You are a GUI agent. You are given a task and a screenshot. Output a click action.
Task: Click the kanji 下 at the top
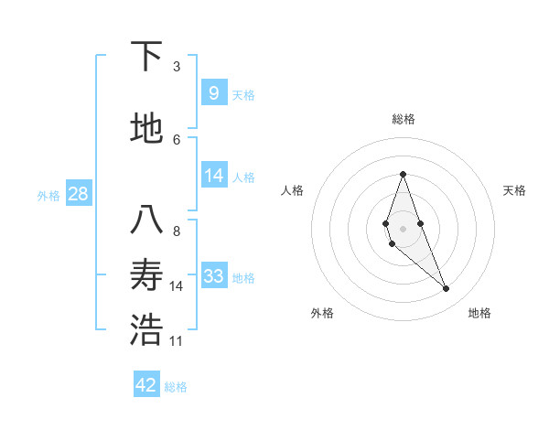point(146,57)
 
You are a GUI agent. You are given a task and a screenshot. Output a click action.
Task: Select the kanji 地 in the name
point(146,129)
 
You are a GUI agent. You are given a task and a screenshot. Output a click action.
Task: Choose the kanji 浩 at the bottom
point(146,332)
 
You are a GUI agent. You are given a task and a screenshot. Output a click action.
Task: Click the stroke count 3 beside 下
point(177,67)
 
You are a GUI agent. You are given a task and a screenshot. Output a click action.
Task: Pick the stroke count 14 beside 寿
point(177,286)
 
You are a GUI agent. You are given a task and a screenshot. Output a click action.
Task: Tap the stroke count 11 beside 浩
point(177,341)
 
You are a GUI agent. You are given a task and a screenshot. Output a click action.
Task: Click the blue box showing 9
point(213,91)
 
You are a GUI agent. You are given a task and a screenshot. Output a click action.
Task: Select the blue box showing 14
point(213,175)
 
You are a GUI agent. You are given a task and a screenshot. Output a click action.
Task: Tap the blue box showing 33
point(213,275)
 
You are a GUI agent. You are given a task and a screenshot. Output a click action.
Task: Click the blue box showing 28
point(78,193)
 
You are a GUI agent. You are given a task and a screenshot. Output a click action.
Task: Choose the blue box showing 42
point(146,385)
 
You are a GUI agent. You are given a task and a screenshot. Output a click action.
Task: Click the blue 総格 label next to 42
point(176,387)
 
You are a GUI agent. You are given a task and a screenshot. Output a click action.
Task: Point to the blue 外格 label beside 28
point(48,195)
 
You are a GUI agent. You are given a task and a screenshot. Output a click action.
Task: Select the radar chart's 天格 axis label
point(514,190)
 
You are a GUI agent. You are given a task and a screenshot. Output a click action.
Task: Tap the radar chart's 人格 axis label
point(292,190)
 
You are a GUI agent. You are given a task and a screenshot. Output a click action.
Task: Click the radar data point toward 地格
point(447,289)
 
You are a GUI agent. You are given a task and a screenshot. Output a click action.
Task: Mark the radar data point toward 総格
point(403,174)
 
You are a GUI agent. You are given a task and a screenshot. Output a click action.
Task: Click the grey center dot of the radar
point(403,228)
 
